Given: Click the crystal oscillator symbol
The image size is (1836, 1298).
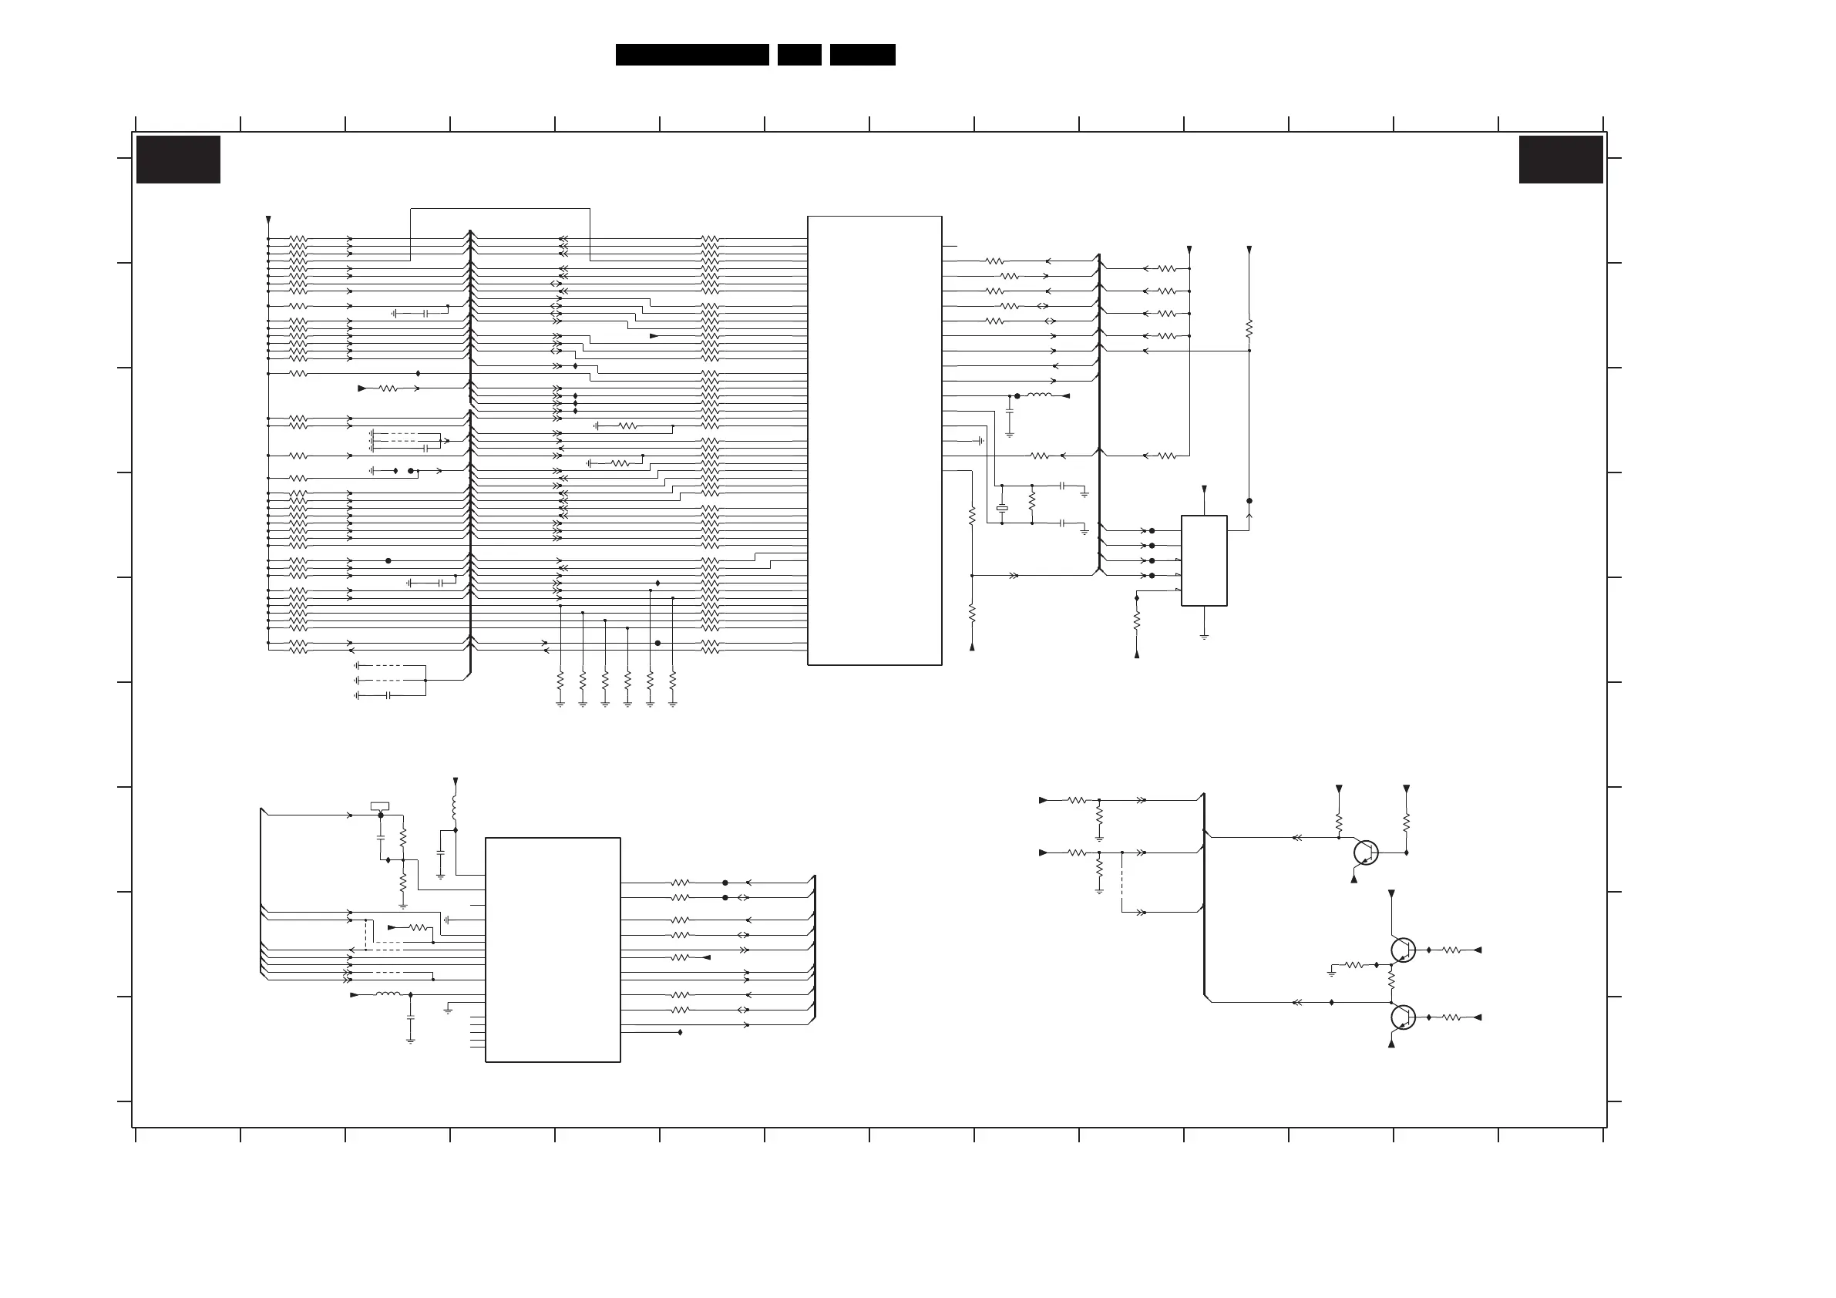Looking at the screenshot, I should [x=1002, y=508].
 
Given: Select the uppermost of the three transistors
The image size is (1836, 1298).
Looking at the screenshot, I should [x=1366, y=852].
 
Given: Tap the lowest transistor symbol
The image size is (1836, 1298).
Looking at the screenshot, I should [x=1403, y=1017].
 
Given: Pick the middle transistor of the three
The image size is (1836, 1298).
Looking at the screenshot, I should [x=1403, y=950].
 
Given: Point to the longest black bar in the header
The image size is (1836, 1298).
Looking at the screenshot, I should [x=691, y=55].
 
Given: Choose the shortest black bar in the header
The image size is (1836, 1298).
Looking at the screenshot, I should [x=799, y=55].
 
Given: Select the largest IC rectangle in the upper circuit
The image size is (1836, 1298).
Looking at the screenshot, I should [x=875, y=440].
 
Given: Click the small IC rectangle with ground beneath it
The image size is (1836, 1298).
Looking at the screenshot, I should [x=1204, y=560].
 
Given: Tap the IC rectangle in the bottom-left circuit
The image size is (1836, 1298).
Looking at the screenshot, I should [x=553, y=950].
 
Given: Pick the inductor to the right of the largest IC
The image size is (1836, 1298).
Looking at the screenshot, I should [x=1039, y=395].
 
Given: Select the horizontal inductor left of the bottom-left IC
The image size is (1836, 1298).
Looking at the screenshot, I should [x=388, y=995].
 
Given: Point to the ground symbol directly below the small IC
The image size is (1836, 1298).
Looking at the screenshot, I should [x=1204, y=637].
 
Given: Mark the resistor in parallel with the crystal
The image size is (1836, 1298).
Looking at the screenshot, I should [x=1032, y=503].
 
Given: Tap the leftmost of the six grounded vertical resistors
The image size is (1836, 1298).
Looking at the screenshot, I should [x=560, y=681].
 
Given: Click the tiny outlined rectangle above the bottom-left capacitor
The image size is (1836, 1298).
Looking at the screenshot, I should [x=381, y=806].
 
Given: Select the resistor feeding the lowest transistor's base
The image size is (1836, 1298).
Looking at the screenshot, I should [x=1451, y=1017].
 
